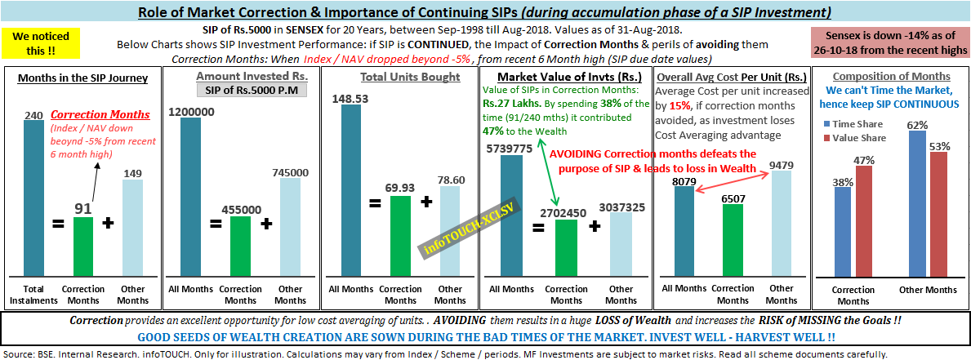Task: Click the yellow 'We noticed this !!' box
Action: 41,43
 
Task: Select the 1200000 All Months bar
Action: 190,197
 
